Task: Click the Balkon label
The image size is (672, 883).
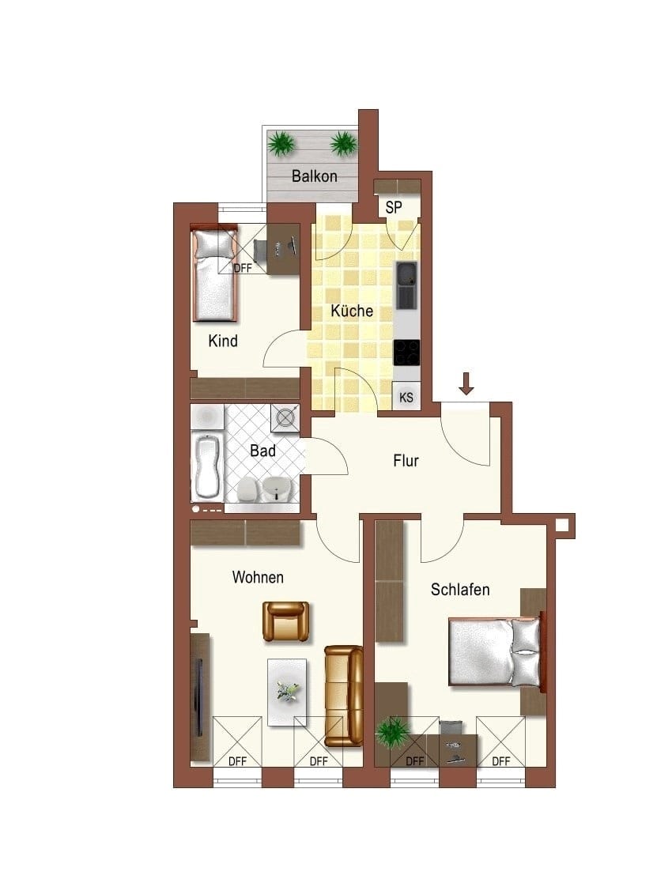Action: (x=315, y=176)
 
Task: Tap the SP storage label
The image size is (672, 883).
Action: (x=394, y=208)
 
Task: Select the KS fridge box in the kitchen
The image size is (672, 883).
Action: (x=406, y=397)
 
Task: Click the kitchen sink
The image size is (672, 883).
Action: (x=406, y=285)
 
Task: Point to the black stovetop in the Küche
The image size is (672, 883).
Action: (x=406, y=353)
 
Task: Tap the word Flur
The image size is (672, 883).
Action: (x=406, y=461)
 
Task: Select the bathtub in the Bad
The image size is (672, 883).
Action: (x=206, y=466)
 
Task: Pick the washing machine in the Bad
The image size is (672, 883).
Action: (x=285, y=419)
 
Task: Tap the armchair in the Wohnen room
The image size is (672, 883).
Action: (x=286, y=621)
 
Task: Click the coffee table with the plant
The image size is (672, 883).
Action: (x=287, y=692)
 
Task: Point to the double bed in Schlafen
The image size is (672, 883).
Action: (x=496, y=652)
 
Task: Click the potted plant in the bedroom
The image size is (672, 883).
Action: (x=393, y=732)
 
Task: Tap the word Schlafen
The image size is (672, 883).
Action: (x=460, y=590)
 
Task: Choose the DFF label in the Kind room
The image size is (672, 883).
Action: (x=243, y=269)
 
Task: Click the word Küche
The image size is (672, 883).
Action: (x=352, y=311)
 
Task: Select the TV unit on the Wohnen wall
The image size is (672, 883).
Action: (x=201, y=697)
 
